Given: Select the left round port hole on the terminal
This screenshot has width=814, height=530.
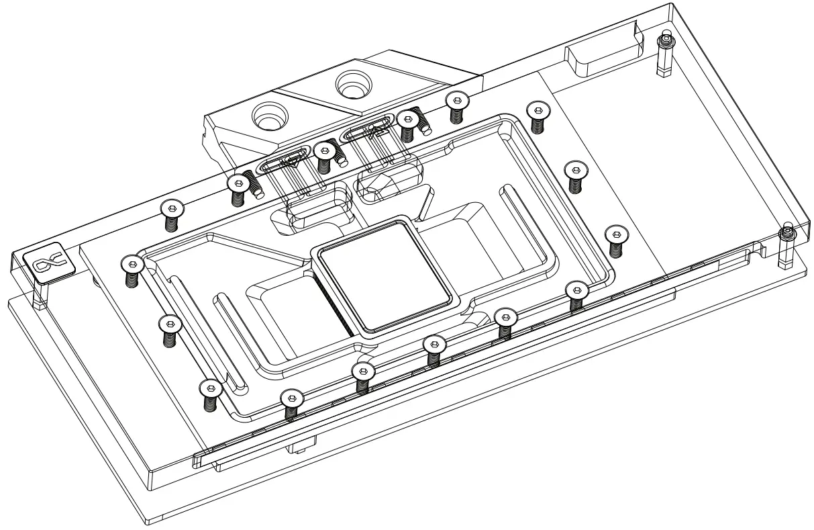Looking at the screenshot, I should click(x=268, y=119).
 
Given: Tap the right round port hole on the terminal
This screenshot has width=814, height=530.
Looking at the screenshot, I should click(x=354, y=83).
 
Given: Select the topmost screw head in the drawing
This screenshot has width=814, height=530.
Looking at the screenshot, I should click(x=456, y=101).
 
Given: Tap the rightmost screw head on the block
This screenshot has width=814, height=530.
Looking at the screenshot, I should click(x=615, y=234).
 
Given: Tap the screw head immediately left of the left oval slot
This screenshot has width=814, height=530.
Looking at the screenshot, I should click(x=238, y=183).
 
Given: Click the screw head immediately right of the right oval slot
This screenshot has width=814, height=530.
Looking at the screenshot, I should click(x=407, y=120).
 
